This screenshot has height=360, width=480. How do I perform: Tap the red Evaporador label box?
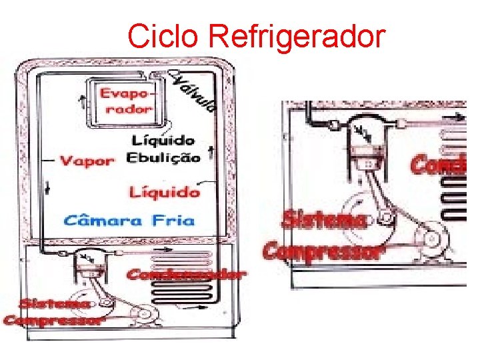click(x=126, y=101)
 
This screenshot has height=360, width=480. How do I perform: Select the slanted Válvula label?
click(x=195, y=91)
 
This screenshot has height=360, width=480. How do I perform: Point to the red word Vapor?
click(x=87, y=161)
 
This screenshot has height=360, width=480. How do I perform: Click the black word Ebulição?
click(x=163, y=159)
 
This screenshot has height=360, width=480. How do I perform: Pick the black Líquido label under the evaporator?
click(x=163, y=141)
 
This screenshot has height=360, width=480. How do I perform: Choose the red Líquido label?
click(x=164, y=192)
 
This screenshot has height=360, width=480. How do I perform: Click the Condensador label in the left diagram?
click(x=185, y=274)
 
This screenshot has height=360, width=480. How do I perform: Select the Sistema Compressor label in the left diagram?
click(x=54, y=312)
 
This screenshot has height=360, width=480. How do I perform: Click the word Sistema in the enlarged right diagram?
click(x=323, y=220)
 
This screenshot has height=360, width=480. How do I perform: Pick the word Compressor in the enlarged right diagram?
click(x=324, y=251)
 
